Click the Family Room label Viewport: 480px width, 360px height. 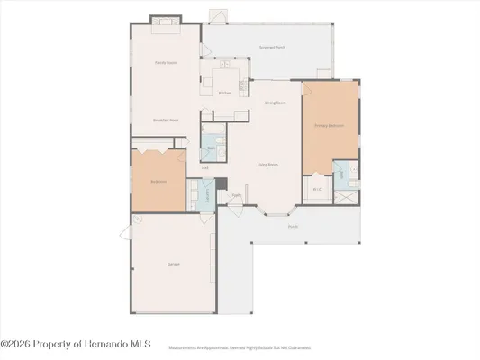click(165, 62)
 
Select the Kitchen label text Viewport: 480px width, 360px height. click(225, 93)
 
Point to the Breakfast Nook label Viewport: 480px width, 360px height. click(163, 120)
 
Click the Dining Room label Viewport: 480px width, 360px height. click(275, 103)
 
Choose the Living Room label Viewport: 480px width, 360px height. click(267, 165)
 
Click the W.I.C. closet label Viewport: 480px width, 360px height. click(317, 189)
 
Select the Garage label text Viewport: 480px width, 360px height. click(172, 264)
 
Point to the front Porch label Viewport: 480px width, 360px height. click(293, 227)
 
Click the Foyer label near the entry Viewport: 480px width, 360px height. click(236, 194)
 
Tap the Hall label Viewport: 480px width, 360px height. click(204, 168)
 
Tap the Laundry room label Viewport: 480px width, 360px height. click(206, 193)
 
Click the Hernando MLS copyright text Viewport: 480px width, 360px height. click(76, 344)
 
